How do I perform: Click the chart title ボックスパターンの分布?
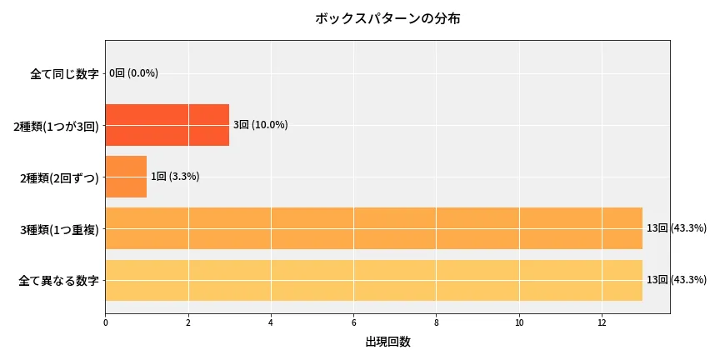(x=387, y=18)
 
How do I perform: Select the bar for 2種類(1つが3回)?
(x=167, y=125)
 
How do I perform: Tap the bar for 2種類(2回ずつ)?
(x=126, y=177)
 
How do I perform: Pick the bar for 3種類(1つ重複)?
(x=373, y=228)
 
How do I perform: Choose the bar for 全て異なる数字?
(x=373, y=280)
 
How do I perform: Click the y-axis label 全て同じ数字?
(x=64, y=73)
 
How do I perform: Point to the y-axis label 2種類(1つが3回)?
(x=56, y=126)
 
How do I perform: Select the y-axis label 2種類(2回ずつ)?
(x=59, y=177)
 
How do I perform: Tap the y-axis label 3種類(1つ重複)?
(x=59, y=229)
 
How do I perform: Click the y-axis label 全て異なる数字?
(x=58, y=281)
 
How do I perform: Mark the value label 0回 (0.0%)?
(x=133, y=73)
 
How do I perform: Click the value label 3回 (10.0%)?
(x=260, y=125)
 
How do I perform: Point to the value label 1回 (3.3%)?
(x=175, y=177)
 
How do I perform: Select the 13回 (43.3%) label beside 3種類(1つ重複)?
(x=676, y=228)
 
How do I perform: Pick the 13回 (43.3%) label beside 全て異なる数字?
(x=676, y=280)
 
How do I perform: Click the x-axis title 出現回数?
(x=387, y=342)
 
